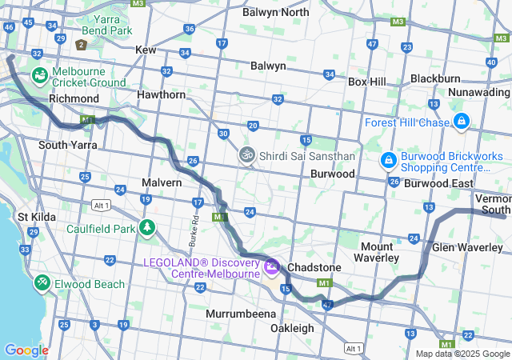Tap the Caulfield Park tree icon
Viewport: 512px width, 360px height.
(146, 229)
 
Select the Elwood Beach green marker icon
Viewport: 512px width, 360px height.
(41, 283)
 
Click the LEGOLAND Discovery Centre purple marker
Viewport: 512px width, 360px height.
(271, 265)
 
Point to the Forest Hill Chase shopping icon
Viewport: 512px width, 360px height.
(461, 122)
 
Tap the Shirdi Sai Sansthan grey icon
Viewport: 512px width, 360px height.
(248, 154)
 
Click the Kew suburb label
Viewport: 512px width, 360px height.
(146, 50)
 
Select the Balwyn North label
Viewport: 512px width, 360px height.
(275, 12)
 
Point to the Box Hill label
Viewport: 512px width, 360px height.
(366, 82)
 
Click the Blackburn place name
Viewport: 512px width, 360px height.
(435, 78)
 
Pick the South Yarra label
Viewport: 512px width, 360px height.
(68, 145)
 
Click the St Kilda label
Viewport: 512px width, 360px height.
(35, 217)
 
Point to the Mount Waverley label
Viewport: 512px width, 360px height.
(376, 252)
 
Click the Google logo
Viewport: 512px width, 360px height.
(26, 350)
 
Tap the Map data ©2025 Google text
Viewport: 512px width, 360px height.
(462, 353)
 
